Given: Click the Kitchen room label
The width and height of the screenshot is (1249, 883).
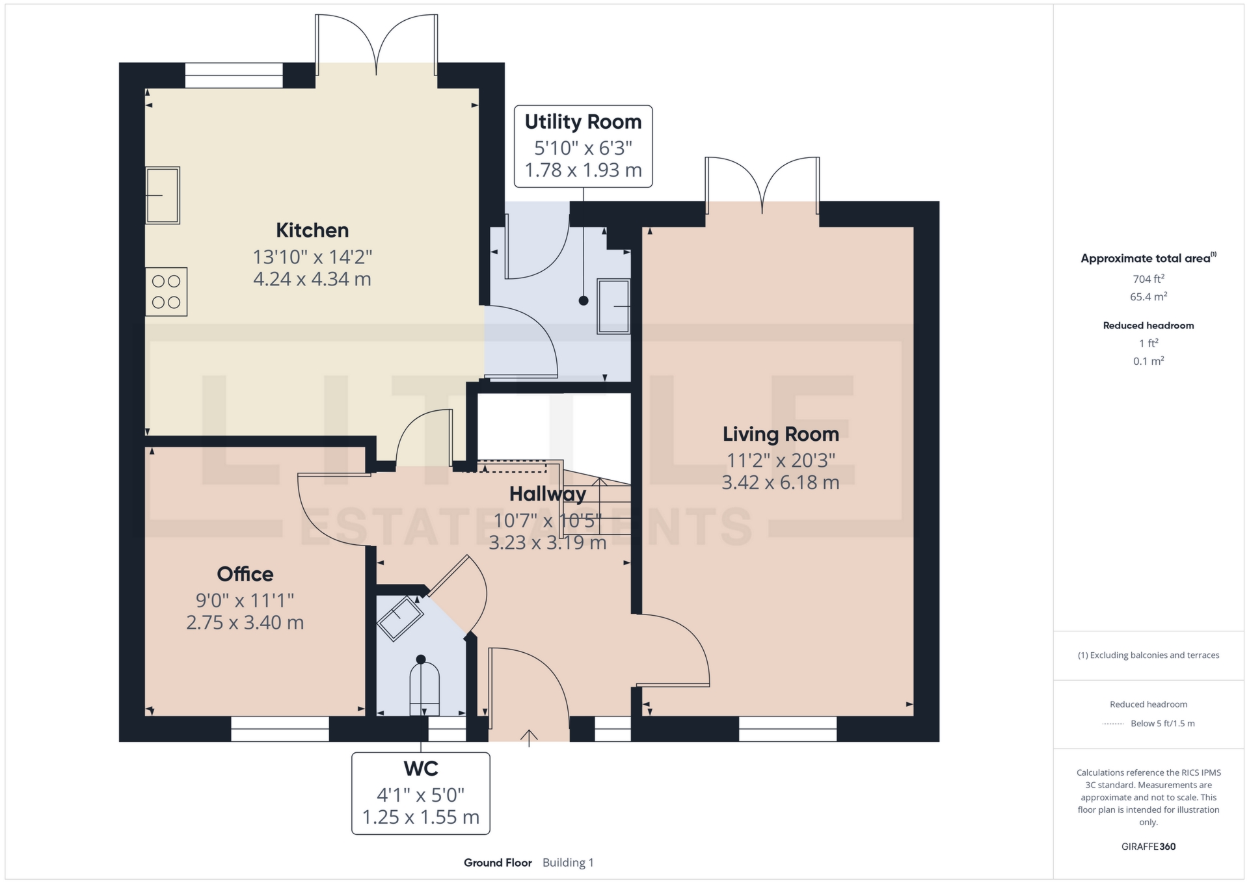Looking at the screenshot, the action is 312,230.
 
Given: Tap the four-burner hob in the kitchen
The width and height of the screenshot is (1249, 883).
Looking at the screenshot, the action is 167,292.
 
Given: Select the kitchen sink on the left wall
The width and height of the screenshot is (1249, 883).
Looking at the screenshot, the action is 163,195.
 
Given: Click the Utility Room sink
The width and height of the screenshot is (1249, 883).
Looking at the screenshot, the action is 613,306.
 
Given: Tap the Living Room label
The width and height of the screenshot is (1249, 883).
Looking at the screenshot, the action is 781,434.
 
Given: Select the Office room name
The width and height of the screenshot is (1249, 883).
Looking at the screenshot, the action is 245,574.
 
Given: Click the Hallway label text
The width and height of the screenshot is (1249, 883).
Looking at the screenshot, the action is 548,494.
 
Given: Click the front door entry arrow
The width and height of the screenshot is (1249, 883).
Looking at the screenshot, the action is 529,738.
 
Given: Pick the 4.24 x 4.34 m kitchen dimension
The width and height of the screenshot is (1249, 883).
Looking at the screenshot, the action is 312,279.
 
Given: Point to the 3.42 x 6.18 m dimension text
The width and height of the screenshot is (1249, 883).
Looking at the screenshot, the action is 781,482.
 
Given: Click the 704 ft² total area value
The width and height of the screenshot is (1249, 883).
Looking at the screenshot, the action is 1149,278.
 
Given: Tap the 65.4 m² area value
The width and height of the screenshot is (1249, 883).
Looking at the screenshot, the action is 1149,297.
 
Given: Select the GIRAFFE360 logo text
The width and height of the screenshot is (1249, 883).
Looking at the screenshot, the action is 1149,847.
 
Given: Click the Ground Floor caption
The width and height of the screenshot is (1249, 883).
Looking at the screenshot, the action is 498,863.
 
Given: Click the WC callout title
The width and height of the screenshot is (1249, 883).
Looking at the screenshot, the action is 421,769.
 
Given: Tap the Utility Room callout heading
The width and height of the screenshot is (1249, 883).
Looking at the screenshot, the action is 584,122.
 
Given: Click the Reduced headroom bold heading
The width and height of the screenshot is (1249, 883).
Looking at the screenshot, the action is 1149,326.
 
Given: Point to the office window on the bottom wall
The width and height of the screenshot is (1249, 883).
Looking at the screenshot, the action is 280,729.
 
